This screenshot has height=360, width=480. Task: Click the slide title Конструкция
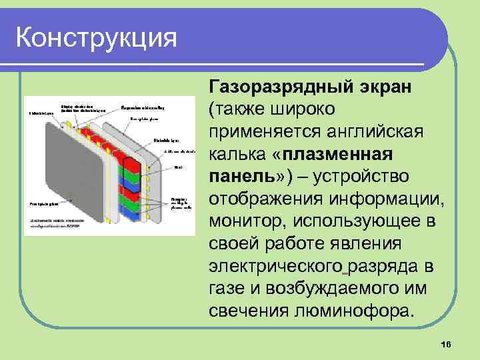[97, 37]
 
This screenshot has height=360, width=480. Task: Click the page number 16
[446, 343]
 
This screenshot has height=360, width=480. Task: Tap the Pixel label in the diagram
[178, 167]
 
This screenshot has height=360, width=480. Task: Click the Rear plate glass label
[143, 120]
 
